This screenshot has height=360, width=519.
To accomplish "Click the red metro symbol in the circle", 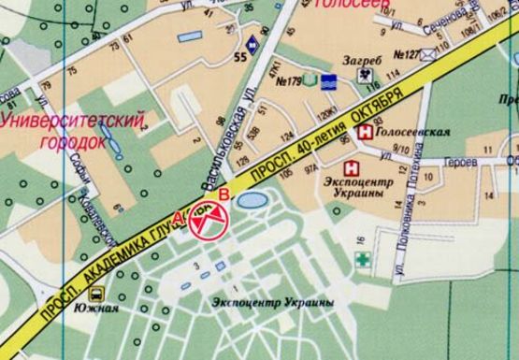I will pos(208,222).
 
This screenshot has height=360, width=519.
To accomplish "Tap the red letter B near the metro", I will pos(223,195).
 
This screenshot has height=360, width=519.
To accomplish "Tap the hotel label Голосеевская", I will pos(411,133).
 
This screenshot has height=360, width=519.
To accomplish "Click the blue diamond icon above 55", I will pos(252,42).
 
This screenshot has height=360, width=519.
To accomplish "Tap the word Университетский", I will pos(75,122).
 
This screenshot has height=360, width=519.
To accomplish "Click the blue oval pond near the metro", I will pos(251,200).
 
